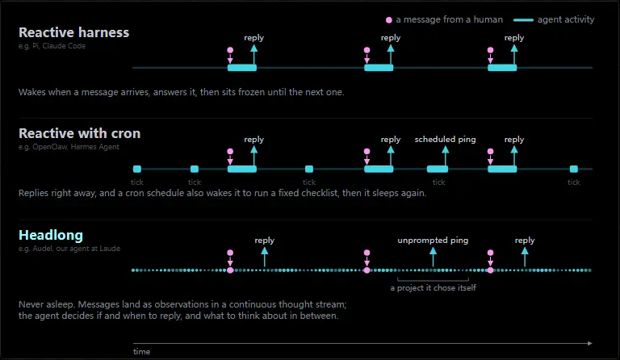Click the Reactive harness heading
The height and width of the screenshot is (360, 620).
tap(74, 32)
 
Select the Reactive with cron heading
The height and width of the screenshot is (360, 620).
tap(79, 133)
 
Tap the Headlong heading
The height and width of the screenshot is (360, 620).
tap(51, 235)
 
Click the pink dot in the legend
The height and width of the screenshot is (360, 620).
tap(389, 19)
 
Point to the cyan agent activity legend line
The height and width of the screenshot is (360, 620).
tap(523, 19)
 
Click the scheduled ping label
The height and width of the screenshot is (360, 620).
tap(446, 139)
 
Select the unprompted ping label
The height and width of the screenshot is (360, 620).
tap(433, 241)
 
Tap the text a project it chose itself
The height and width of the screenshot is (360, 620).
tap(433, 287)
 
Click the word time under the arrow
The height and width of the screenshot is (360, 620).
tap(141, 352)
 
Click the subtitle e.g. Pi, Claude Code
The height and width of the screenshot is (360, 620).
tap(52, 46)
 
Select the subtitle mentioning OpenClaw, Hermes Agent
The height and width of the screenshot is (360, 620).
tap(69, 147)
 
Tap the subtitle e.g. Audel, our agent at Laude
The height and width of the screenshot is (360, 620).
tap(69, 249)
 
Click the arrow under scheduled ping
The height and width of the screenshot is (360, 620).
tap(446, 156)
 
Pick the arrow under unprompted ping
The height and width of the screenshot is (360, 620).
tap(433, 257)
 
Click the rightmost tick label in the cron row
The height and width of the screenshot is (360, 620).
tap(574, 182)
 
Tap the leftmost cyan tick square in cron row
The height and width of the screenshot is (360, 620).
tap(137, 170)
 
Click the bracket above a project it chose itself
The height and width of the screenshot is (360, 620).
tap(433, 280)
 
